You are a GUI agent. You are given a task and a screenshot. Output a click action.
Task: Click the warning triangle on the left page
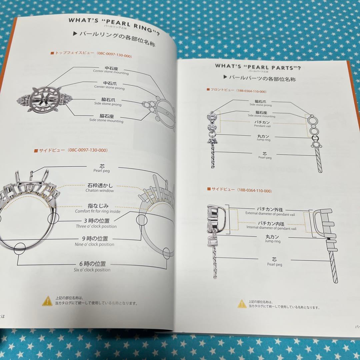(x=47, y=301)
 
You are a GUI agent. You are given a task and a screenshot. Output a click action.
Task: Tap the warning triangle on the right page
(x=242, y=303)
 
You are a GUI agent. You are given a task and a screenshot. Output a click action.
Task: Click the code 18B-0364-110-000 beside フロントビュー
(x=254, y=91)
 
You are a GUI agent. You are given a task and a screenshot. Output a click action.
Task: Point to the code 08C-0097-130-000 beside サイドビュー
(x=88, y=150)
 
